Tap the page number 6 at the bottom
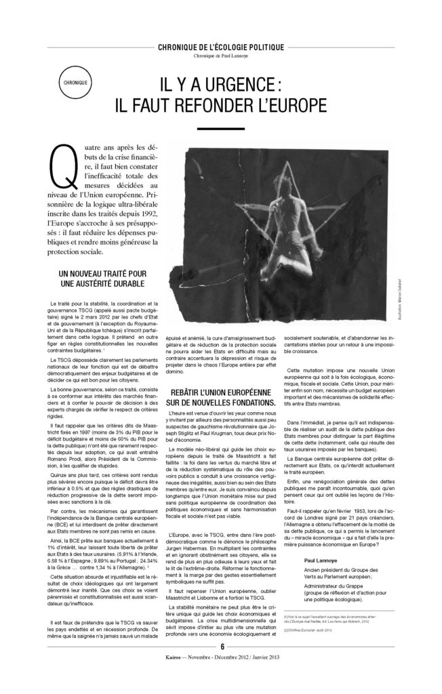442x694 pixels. tap(221, 665)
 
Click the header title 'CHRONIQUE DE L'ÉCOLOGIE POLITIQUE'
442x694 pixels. tap(220, 47)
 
